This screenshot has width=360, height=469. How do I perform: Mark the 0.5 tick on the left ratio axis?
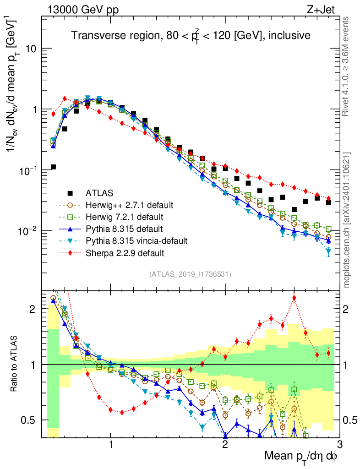(x=30, y=420)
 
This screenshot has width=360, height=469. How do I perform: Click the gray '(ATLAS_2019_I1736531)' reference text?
(x=190, y=274)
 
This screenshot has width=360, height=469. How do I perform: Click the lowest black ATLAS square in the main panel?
(x=53, y=167)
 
